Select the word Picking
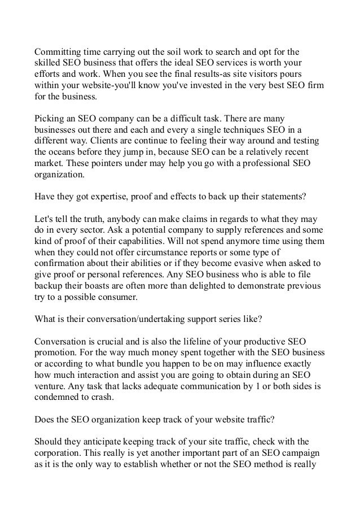pyautogui.click(x=50, y=120)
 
